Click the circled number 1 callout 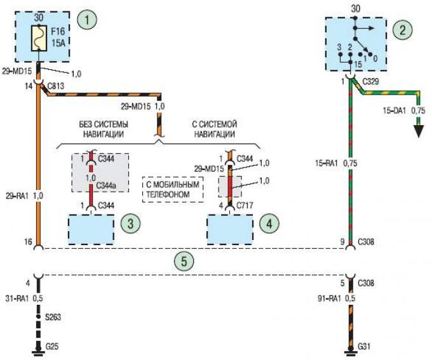87,20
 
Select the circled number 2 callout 401,29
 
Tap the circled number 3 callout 130,223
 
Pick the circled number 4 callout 268,223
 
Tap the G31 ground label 364,347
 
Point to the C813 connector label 55,84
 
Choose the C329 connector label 371,83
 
